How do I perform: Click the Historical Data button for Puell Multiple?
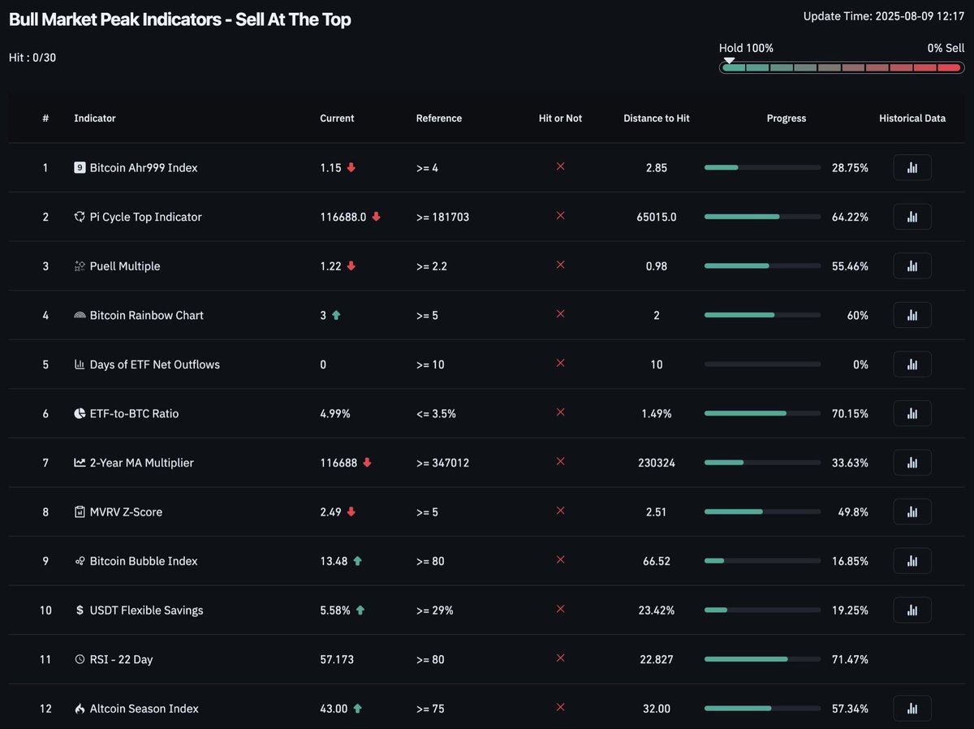pos(912,266)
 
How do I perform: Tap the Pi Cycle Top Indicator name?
pos(145,217)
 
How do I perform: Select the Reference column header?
pos(438,119)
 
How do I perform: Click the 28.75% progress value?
pos(850,168)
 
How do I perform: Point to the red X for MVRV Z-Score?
pos(560,511)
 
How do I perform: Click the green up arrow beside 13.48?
pos(358,561)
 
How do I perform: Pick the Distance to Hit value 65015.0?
pos(656,217)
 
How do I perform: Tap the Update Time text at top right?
pos(877,16)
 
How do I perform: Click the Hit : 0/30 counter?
pos(32,58)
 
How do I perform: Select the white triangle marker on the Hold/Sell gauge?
pos(729,60)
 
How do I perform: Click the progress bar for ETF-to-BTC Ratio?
pos(761,414)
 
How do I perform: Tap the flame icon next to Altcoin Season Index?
pos(80,709)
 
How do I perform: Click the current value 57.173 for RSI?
pos(337,659)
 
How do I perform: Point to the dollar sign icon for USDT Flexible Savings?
pos(80,610)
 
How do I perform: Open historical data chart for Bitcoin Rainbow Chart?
pos(912,315)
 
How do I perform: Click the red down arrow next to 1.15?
pos(351,168)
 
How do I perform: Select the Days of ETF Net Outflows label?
pos(154,364)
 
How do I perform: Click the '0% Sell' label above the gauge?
pos(946,48)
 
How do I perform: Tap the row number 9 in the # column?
pos(45,561)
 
